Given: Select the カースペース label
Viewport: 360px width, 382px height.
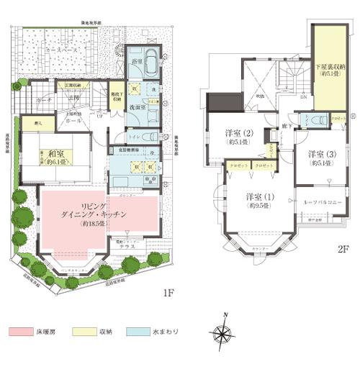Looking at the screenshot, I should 60,54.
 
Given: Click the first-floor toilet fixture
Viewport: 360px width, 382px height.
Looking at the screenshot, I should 150,136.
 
